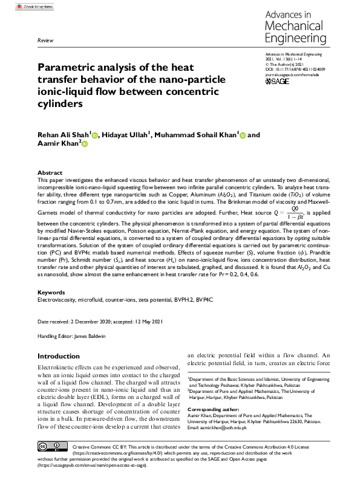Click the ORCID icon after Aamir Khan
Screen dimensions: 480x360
(84, 144)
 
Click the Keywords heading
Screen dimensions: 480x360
(52, 292)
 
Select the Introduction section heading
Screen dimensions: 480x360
(63, 357)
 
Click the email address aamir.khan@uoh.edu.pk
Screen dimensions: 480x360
(234, 427)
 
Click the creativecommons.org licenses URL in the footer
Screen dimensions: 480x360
(116, 452)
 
